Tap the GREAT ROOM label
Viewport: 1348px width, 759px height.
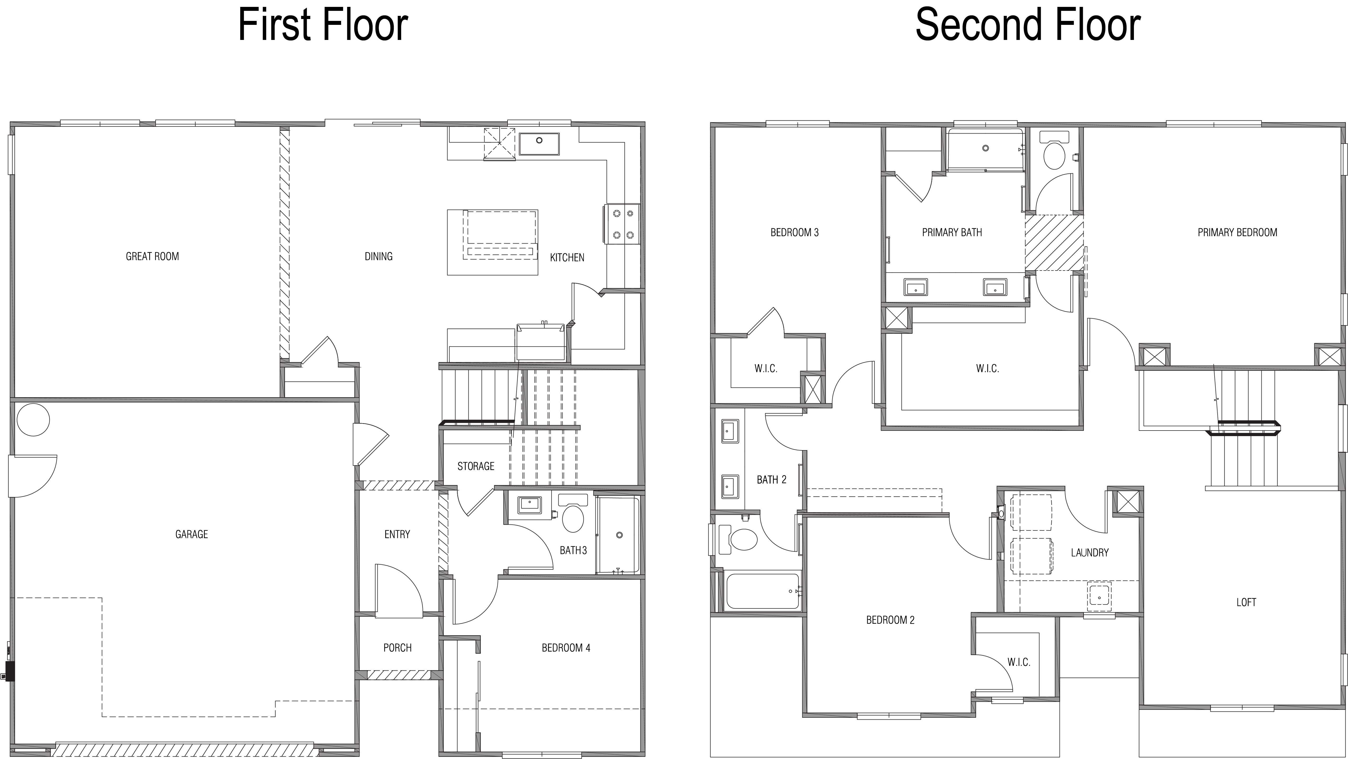tap(152, 256)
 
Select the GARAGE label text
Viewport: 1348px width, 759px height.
tap(192, 534)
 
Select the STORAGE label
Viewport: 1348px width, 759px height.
tap(476, 466)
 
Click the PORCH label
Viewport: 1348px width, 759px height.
tap(397, 648)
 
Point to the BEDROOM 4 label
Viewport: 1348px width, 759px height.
tap(566, 648)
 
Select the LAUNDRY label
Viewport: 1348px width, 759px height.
tap(1089, 552)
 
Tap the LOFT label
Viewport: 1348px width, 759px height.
tap(1246, 602)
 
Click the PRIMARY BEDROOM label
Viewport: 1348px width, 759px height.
tap(1237, 232)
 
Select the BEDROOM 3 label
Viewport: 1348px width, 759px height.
tap(794, 232)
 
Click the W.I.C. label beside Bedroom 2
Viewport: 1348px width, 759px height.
tap(1019, 662)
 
